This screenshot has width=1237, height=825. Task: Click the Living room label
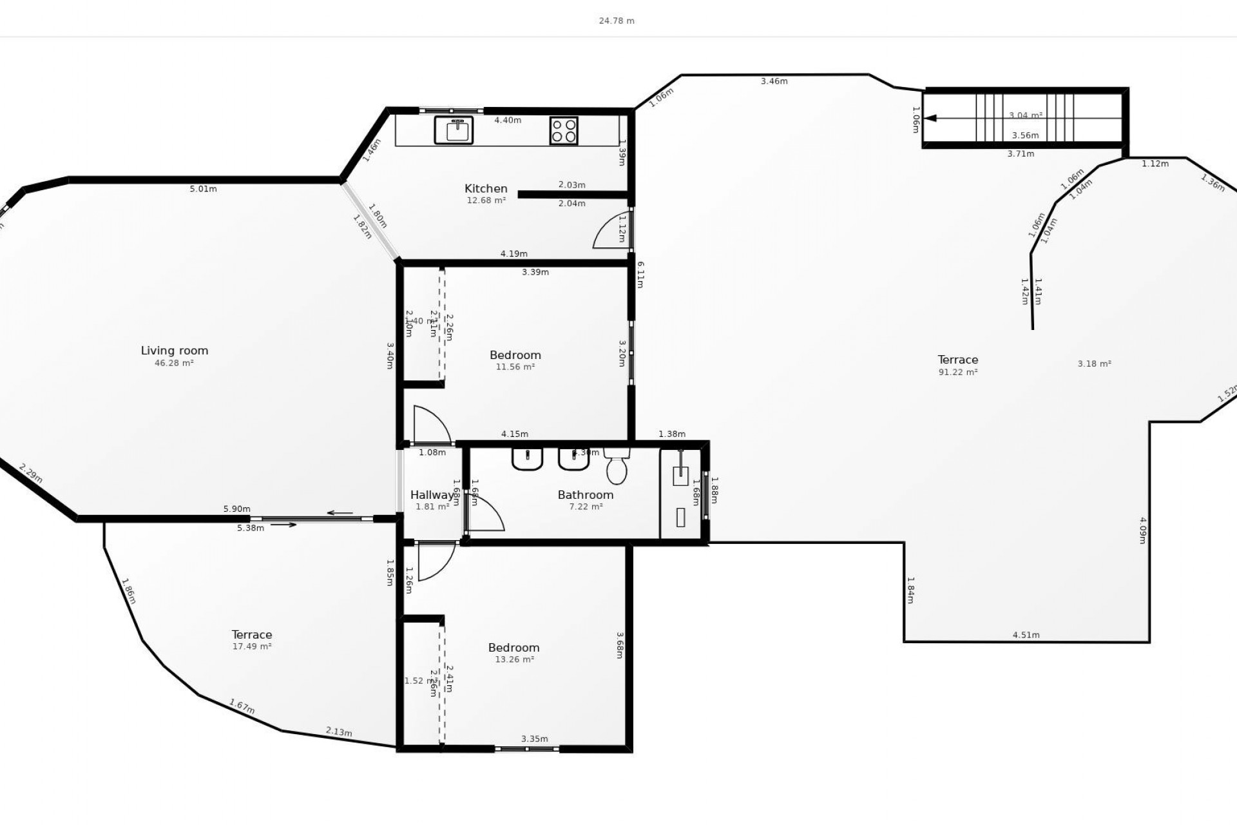(175, 351)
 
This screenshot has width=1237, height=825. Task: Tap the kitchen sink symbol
(454, 130)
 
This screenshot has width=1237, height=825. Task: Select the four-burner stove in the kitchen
(564, 130)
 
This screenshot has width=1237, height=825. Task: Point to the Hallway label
(432, 495)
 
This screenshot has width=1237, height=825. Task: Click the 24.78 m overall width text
(617, 21)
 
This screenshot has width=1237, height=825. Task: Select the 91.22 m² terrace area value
(958, 372)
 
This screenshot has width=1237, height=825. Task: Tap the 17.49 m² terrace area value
(252, 646)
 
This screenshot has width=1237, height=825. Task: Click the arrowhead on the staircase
(930, 118)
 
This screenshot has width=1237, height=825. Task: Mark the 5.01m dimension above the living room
(203, 189)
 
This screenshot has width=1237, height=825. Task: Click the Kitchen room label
(486, 189)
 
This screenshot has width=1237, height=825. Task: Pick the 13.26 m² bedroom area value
(514, 659)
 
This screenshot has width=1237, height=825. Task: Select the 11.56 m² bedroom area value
(515, 367)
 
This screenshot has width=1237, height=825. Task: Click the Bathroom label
(585, 495)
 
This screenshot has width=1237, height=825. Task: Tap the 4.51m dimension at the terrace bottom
(1026, 635)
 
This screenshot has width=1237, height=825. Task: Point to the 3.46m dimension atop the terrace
(774, 81)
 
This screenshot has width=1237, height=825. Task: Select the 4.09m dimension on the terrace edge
(1142, 530)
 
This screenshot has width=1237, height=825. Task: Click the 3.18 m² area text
(1094, 364)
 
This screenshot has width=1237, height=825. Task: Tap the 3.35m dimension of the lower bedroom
(534, 739)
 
